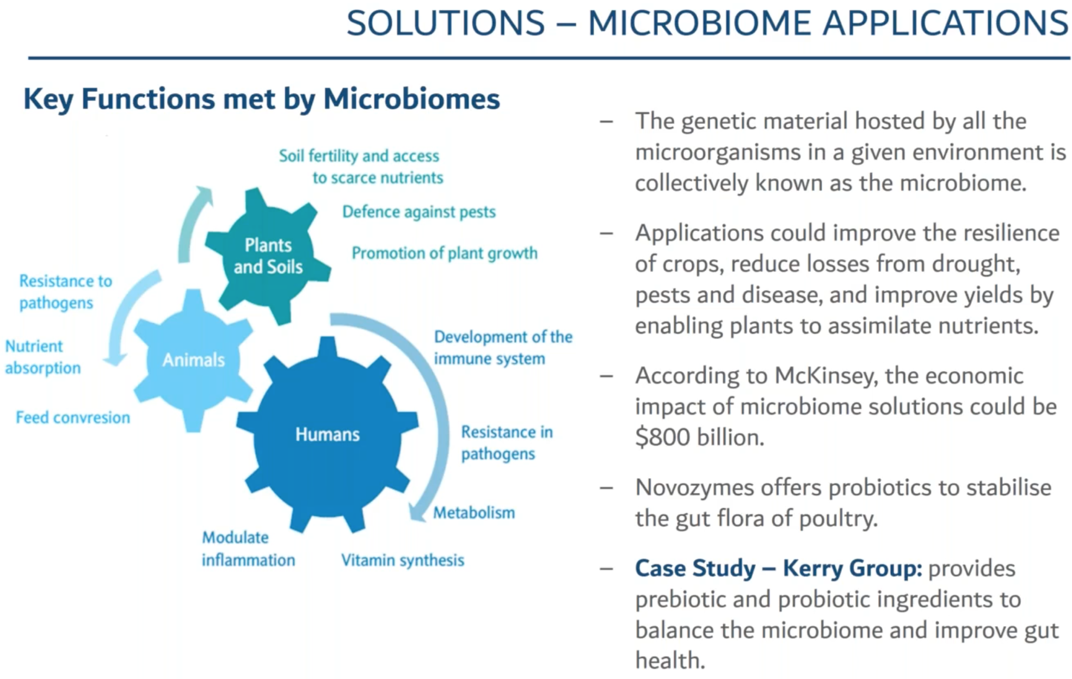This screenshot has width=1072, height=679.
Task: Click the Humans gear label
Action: point(327,434)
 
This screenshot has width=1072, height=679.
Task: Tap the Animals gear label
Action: point(193,360)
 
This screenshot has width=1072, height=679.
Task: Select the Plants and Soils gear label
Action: point(268,256)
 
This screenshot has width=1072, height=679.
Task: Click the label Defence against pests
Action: point(418,212)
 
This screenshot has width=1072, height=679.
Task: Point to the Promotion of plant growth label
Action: point(444,253)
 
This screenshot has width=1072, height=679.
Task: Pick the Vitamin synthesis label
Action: point(402,560)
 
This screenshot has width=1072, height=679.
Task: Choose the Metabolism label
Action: point(473,513)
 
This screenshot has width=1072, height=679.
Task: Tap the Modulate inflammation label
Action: point(248,548)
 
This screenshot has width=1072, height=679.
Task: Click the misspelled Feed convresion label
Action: point(73,417)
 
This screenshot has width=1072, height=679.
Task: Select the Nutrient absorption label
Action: point(42,357)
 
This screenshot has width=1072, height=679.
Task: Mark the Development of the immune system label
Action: point(503,348)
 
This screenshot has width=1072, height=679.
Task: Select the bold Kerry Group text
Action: point(852,569)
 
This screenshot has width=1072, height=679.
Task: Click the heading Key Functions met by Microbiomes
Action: point(261,99)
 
